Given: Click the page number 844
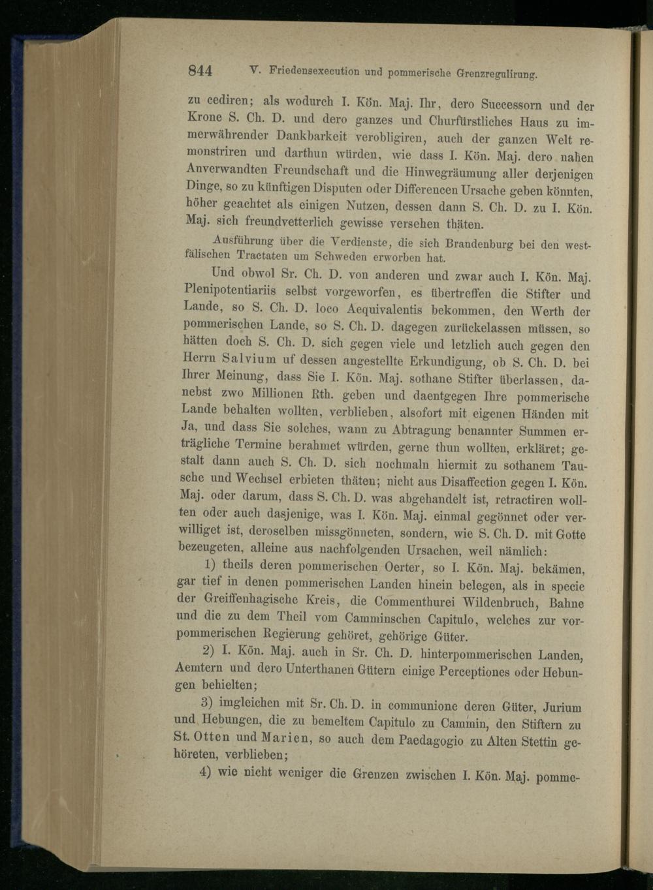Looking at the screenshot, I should click(x=200, y=70).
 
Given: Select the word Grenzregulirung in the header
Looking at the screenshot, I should click(x=494, y=74).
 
